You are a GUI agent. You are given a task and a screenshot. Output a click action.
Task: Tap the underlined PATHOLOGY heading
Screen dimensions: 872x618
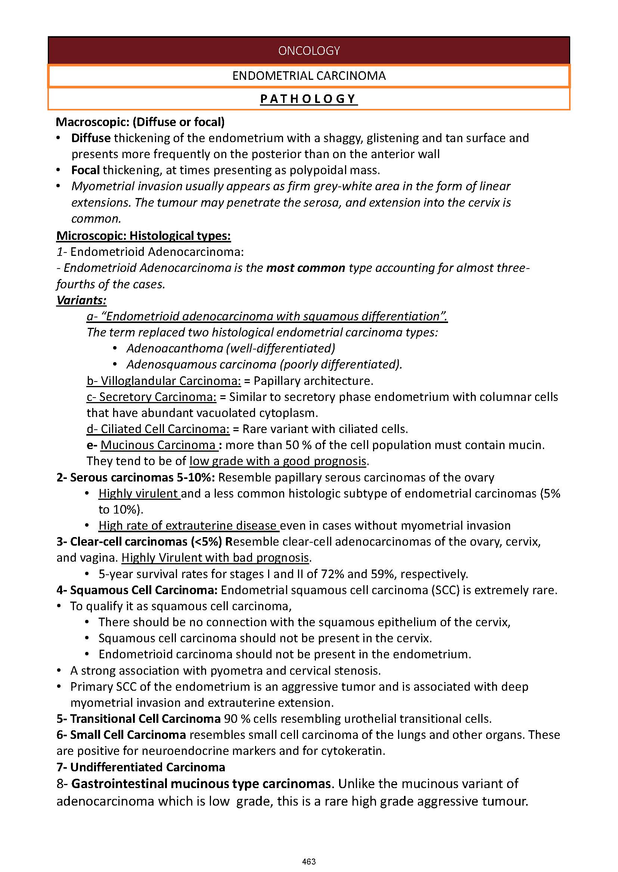pyautogui.click(x=308, y=99)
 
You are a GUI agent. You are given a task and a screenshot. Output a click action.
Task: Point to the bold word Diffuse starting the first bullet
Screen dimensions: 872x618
pyautogui.click(x=91, y=138)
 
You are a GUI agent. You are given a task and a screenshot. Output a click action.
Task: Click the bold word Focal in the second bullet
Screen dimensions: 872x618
pyautogui.click(x=85, y=170)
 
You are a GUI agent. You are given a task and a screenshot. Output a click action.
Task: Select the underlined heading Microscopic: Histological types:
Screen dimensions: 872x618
pyautogui.click(x=143, y=236)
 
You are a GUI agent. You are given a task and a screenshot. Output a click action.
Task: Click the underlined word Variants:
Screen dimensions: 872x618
pyautogui.click(x=81, y=300)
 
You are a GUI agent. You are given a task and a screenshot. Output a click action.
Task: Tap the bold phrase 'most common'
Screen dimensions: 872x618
pyautogui.click(x=305, y=268)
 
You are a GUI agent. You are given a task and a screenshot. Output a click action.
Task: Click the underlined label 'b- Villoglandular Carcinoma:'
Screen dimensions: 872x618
pyautogui.click(x=164, y=381)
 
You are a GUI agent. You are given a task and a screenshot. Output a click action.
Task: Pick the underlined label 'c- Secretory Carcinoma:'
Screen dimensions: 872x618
pyautogui.click(x=152, y=397)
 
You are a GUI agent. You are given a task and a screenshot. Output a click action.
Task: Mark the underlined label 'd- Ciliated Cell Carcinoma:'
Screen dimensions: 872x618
pyautogui.click(x=158, y=429)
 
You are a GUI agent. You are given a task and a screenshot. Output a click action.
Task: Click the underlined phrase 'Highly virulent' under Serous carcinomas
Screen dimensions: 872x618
pyautogui.click(x=139, y=493)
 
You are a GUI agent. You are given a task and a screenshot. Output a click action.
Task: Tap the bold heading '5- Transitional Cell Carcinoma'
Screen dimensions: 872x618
pyautogui.click(x=139, y=719)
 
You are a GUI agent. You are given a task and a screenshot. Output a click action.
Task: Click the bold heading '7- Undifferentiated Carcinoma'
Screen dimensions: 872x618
pyautogui.click(x=141, y=767)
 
